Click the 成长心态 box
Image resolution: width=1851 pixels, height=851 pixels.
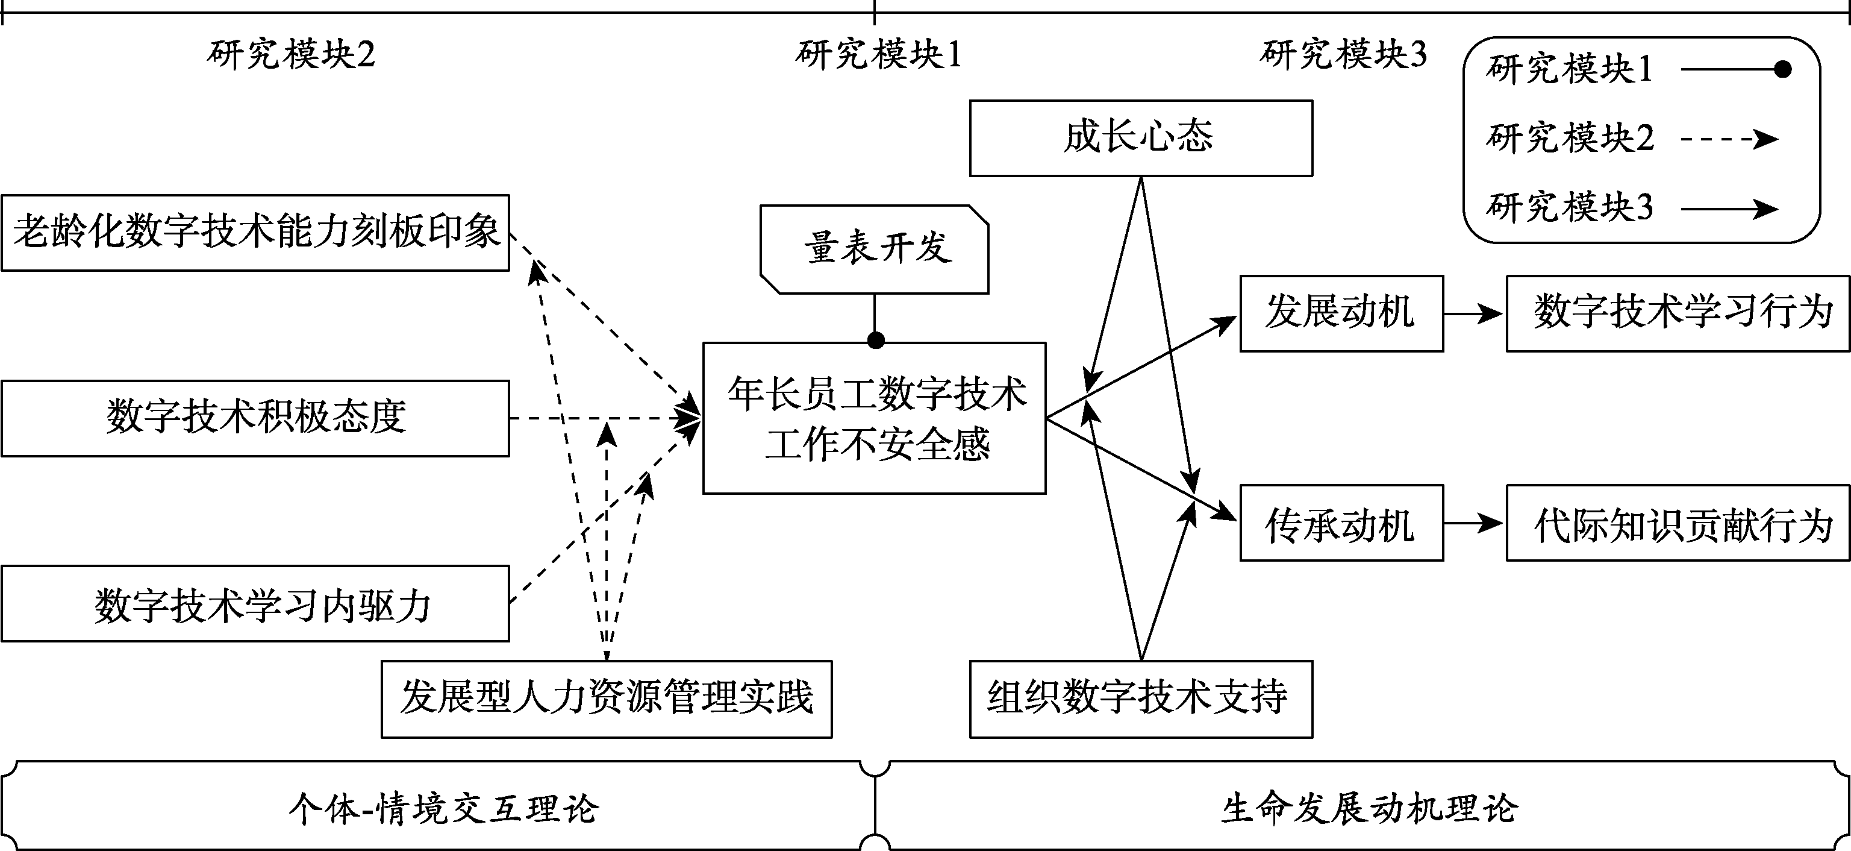point(1140,138)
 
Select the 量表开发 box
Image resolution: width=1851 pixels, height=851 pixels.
point(875,249)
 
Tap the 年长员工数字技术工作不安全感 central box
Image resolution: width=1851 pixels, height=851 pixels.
point(875,418)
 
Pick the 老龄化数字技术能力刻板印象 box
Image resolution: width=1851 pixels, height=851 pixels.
point(255,232)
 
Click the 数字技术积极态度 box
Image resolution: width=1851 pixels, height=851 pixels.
point(255,418)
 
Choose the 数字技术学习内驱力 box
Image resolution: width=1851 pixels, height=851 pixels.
point(255,603)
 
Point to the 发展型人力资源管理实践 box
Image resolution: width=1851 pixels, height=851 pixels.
point(607,699)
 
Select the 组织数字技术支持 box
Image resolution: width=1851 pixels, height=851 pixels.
point(1140,699)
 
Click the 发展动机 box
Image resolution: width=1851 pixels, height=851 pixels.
point(1341,313)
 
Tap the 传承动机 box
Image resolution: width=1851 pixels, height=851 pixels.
point(1341,523)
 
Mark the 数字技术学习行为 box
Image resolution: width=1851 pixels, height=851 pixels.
point(1677,313)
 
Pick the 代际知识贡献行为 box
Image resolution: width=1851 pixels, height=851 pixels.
point(1677,523)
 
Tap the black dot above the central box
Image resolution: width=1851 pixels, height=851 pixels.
point(875,340)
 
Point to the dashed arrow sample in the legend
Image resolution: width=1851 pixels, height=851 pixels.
point(1728,139)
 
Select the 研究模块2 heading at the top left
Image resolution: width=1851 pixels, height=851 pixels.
point(291,54)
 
